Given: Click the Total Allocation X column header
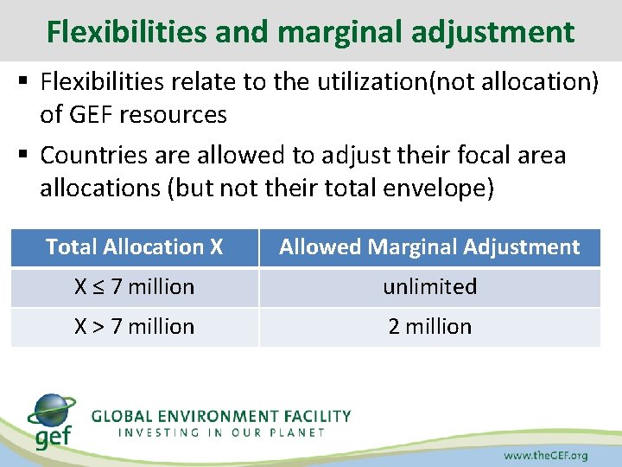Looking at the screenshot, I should click(134, 247).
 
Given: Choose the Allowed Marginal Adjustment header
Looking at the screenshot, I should click(429, 247).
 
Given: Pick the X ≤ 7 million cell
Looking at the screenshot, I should click(134, 287).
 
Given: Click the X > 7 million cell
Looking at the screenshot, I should click(134, 327).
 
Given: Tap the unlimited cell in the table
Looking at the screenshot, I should click(429, 287).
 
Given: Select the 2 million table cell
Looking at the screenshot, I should click(429, 327).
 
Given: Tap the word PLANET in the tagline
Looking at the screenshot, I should click(294, 432).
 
